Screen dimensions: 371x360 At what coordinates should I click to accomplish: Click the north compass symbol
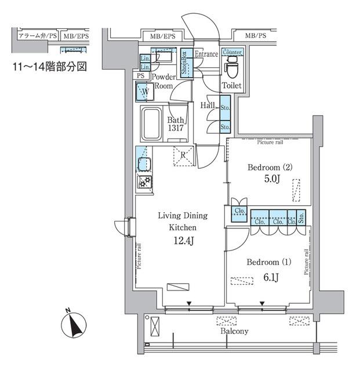tap(74, 325)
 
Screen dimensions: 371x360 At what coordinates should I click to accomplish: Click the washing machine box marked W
tap(145, 91)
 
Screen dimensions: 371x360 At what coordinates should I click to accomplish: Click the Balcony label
tap(234, 332)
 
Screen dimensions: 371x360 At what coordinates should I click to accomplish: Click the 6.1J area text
tap(272, 277)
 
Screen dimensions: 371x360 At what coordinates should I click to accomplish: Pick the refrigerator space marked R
tap(183, 155)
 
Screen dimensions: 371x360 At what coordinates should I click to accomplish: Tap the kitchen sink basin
tap(143, 163)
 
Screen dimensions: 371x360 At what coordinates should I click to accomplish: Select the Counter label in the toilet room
tap(231, 52)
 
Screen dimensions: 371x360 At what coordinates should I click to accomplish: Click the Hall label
tap(208, 106)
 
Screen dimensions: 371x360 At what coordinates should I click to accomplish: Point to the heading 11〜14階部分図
tap(50, 67)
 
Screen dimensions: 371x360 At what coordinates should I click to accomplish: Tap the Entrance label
tap(206, 54)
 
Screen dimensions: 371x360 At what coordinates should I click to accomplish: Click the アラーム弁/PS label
tap(38, 37)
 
